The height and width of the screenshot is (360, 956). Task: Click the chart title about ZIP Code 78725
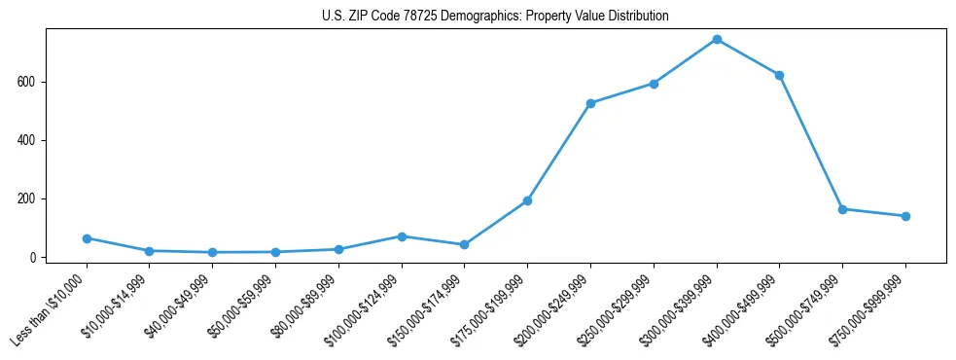pyautogui.click(x=495, y=17)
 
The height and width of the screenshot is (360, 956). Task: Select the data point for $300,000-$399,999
pyautogui.click(x=717, y=39)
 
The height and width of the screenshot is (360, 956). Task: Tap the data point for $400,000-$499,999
pyautogui.click(x=779, y=75)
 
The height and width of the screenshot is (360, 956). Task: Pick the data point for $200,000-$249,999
pyautogui.click(x=590, y=103)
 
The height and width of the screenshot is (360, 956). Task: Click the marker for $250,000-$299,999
pyautogui.click(x=654, y=84)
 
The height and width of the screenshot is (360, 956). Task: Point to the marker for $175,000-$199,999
pyautogui.click(x=527, y=200)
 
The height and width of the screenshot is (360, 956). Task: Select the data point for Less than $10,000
pyautogui.click(x=87, y=238)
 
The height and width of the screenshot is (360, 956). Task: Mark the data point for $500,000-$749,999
pyautogui.click(x=842, y=209)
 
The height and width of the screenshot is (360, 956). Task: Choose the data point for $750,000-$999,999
pyautogui.click(x=905, y=216)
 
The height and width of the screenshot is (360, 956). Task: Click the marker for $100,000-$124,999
pyautogui.click(x=402, y=236)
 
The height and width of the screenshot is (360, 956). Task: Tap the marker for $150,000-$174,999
pyautogui.click(x=464, y=245)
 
